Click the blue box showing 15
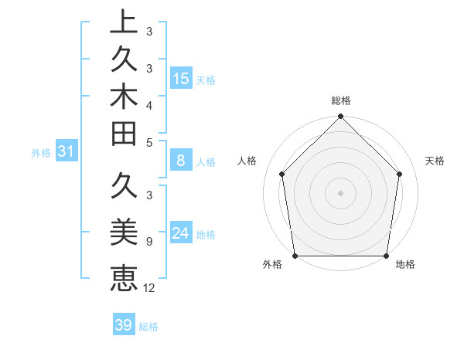pos(181,79)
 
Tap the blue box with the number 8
pos(181,161)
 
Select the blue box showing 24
pos(181,233)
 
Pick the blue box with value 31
pos(67,152)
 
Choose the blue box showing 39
pos(124,325)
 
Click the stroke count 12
pos(149,288)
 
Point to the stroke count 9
pos(148,241)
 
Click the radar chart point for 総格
pos(340,117)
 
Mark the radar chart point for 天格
pos(400,174)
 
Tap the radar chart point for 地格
pos(386,256)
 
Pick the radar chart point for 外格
pos(295,256)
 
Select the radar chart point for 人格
pos(281,174)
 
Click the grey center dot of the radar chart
pos(340,192)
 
